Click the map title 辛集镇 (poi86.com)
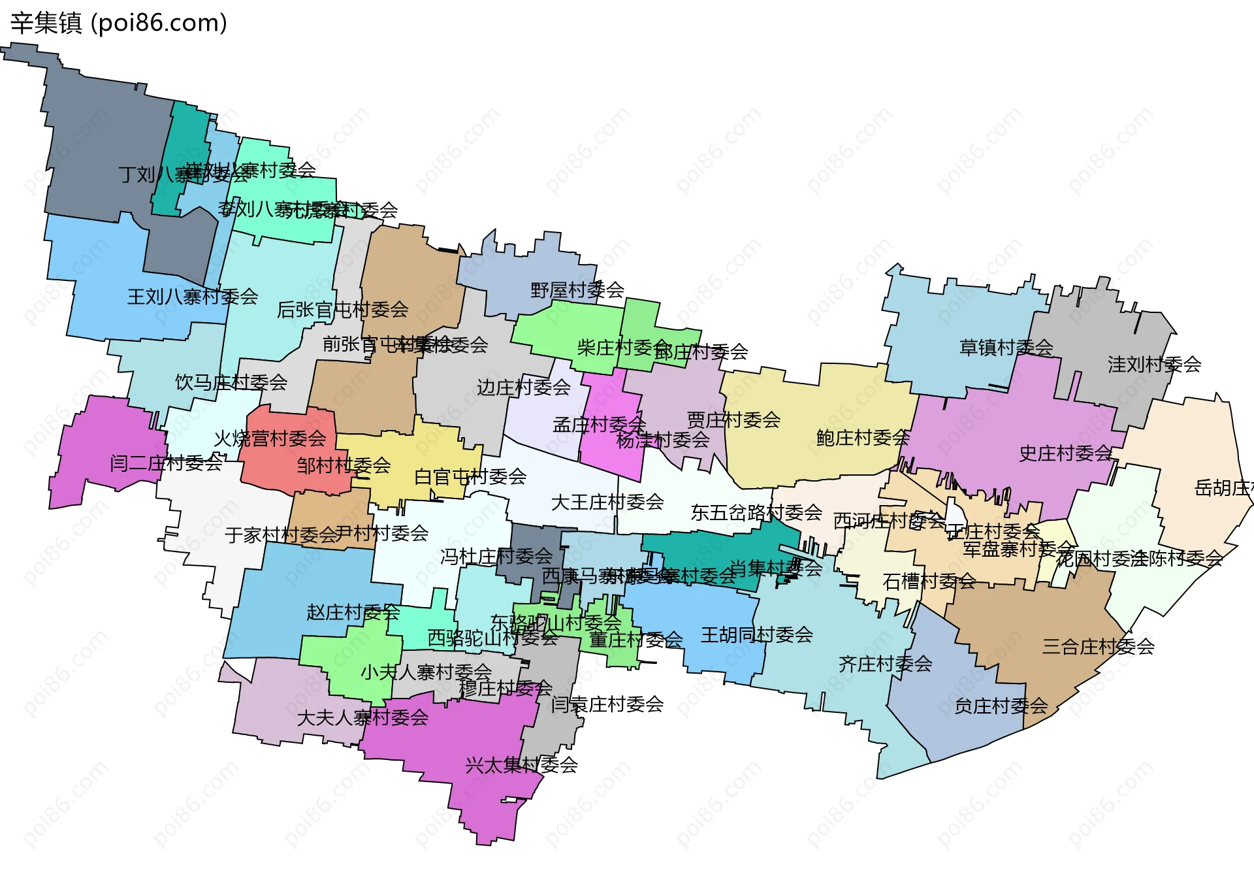click(x=119, y=23)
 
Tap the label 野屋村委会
click(x=577, y=289)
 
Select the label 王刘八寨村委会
click(x=193, y=297)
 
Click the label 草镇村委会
click(x=1006, y=347)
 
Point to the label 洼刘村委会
click(x=1154, y=364)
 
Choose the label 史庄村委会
click(x=1065, y=453)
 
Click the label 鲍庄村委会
click(x=863, y=437)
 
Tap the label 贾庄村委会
click(x=733, y=419)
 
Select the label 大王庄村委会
click(x=607, y=502)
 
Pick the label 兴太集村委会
click(x=521, y=765)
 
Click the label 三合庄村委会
click(x=1098, y=646)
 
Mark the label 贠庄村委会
click(x=1001, y=706)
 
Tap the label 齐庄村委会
click(x=885, y=664)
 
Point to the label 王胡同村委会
click(x=756, y=634)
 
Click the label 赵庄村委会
click(x=353, y=612)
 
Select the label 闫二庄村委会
click(x=166, y=463)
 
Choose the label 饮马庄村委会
click(x=231, y=382)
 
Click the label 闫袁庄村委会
click(x=607, y=704)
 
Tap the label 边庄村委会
click(x=523, y=387)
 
